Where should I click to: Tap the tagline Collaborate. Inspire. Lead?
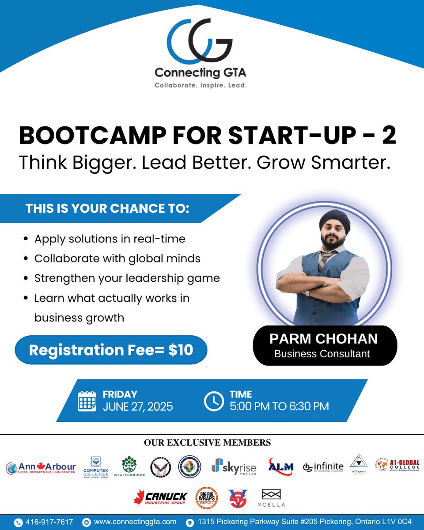coord(200,85)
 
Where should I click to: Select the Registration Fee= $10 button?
coord(111,350)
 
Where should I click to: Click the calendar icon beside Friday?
coord(87,401)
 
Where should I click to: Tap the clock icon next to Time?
coord(214,401)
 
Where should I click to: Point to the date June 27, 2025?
coord(138,406)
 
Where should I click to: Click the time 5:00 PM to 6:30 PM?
coord(279,406)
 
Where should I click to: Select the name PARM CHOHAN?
coord(324,339)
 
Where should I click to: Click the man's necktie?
coord(325,260)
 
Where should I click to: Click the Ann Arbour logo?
coord(41,468)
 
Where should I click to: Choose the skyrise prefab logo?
coord(234,467)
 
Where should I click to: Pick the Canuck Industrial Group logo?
coord(160,498)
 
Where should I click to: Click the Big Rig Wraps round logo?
coord(206,498)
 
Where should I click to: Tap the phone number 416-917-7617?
coord(49,522)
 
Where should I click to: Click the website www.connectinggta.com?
coord(135,522)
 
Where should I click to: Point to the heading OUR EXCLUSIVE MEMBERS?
coord(207,442)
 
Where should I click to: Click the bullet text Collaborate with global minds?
coord(117,258)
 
